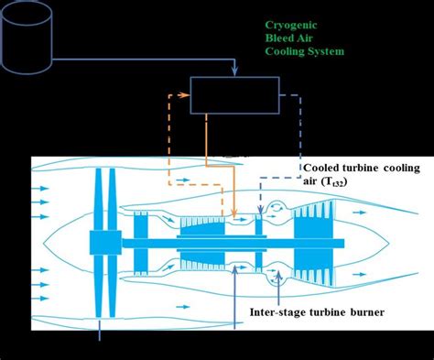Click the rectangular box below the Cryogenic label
pyautogui.click(x=235, y=94)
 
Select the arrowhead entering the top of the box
pyautogui.click(x=235, y=71)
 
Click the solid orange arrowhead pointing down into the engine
pyautogui.click(x=235, y=215)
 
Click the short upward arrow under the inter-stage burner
pyautogui.click(x=277, y=280)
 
